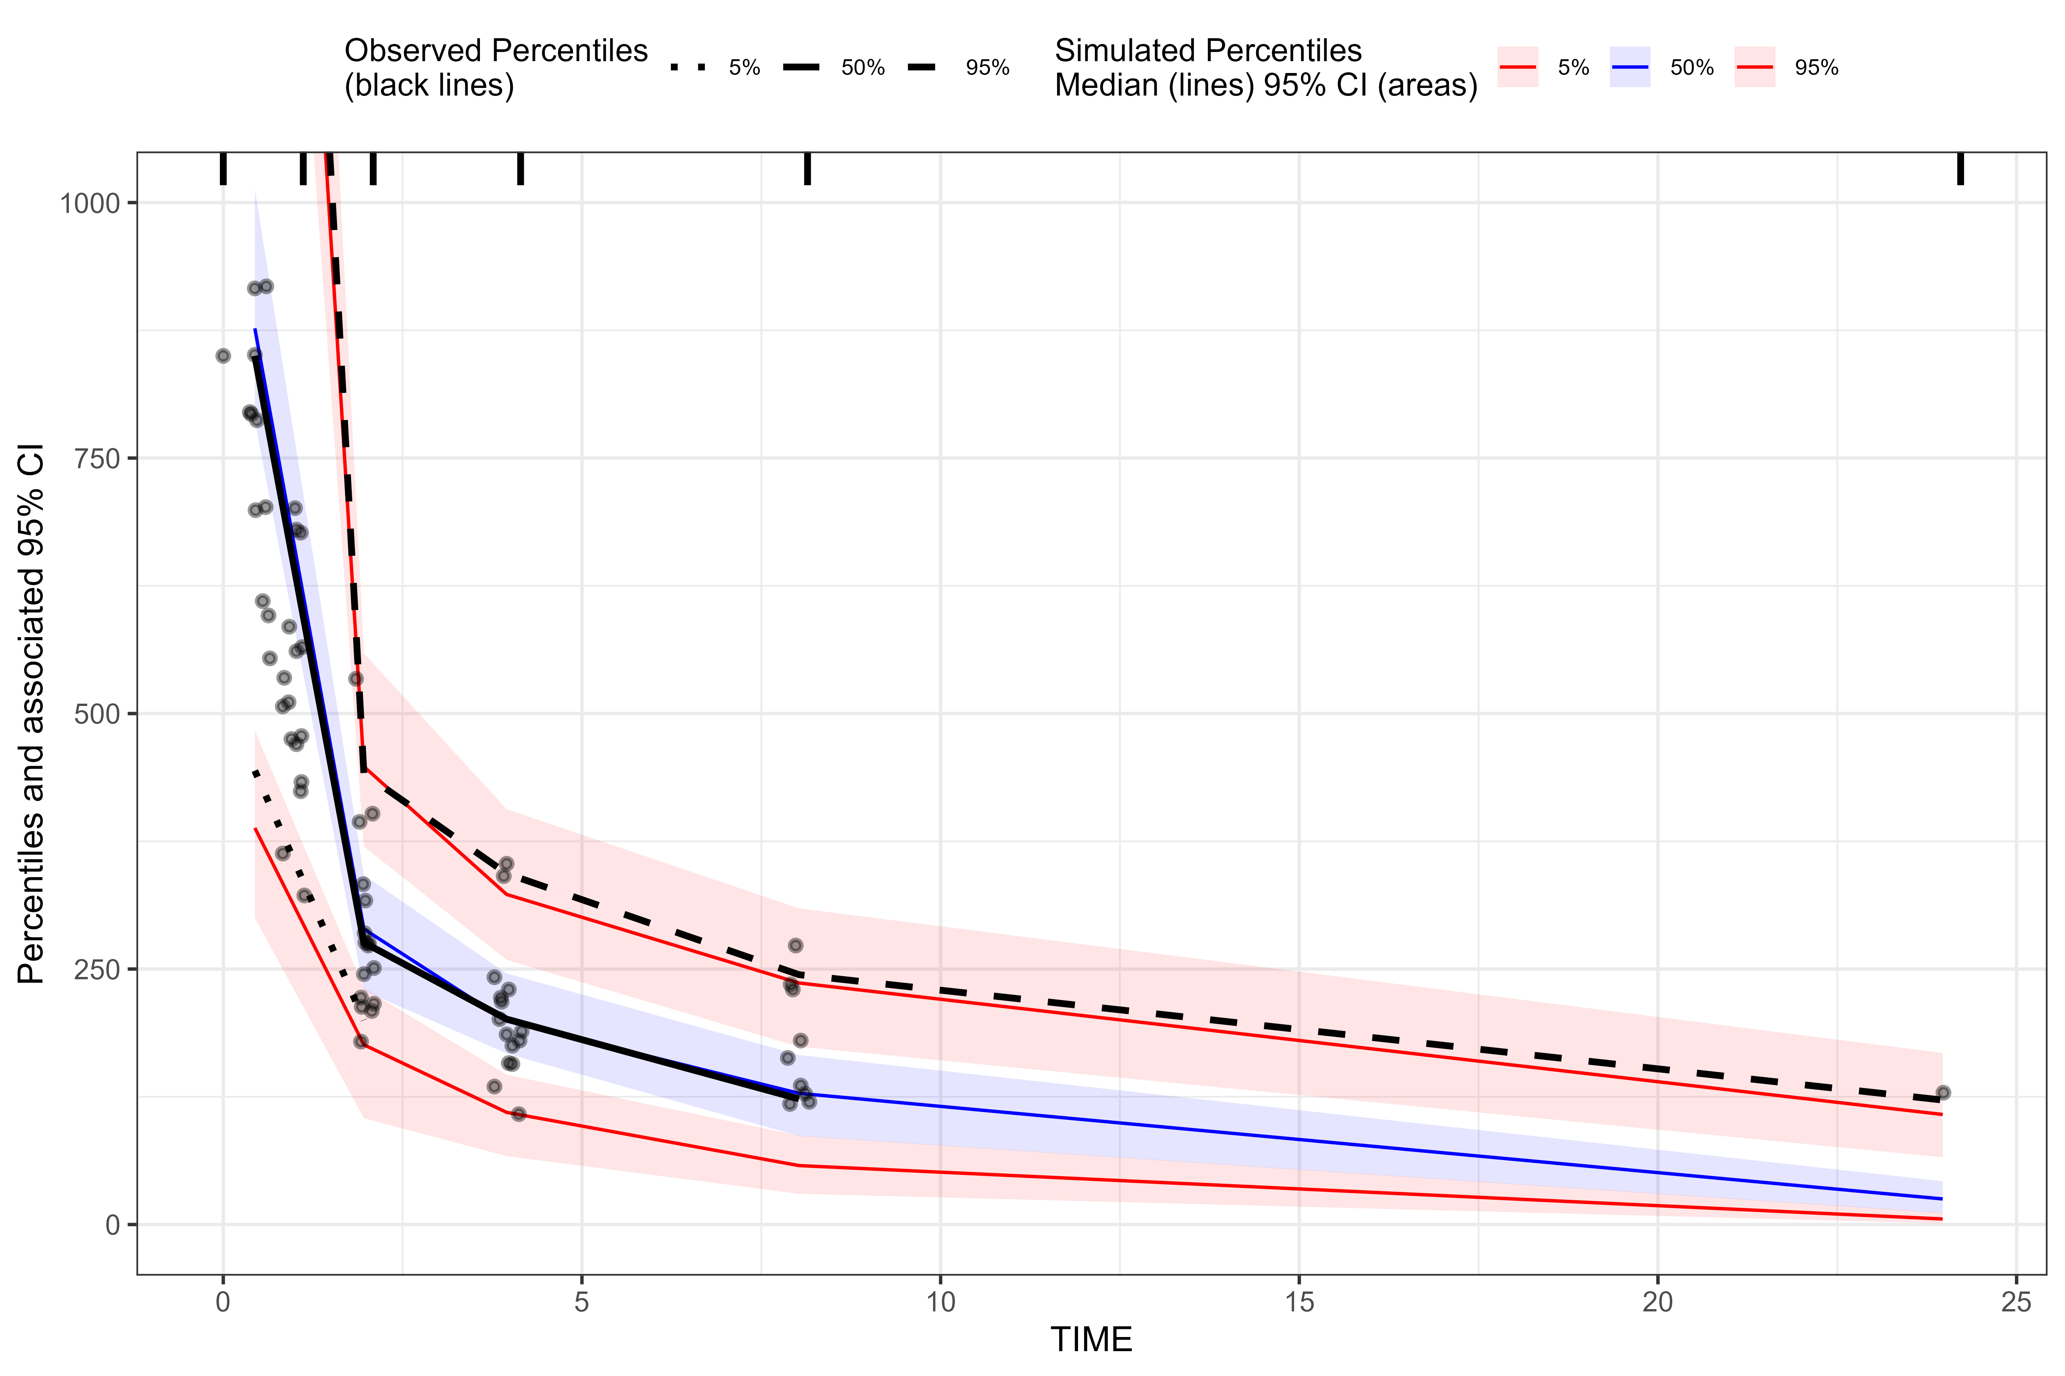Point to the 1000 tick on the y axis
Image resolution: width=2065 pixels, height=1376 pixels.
coord(89,204)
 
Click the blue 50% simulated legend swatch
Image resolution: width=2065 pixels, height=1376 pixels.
coord(1629,68)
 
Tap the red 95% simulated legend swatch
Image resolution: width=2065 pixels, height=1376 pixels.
coord(1754,68)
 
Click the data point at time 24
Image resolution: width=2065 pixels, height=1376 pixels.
coord(1943,1092)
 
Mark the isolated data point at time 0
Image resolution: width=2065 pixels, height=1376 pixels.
coord(223,355)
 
